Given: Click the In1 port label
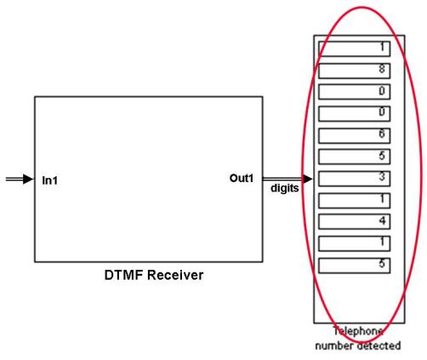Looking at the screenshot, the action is pyautogui.click(x=49, y=180).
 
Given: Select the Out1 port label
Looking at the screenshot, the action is pyautogui.click(x=242, y=178).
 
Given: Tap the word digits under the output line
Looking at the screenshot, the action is pyautogui.click(x=284, y=188).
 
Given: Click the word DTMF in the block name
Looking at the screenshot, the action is pyautogui.click(x=123, y=275).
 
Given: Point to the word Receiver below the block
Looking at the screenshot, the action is pyautogui.click(x=175, y=275).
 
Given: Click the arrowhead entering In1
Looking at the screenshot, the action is pyautogui.click(x=28, y=179).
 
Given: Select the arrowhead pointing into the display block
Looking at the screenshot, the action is pyautogui.click(x=307, y=179).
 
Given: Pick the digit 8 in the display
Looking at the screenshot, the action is pyautogui.click(x=382, y=69).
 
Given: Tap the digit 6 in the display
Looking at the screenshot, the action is pyautogui.click(x=382, y=134).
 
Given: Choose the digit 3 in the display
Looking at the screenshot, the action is pyautogui.click(x=382, y=176).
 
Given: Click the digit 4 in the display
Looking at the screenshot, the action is pyautogui.click(x=382, y=220).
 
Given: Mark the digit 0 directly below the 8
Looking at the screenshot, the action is pyautogui.click(x=382, y=91).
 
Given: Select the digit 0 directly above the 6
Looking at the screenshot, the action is pyautogui.click(x=382, y=111).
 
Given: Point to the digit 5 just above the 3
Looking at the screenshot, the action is pyautogui.click(x=382, y=156).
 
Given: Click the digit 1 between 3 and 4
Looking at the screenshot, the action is pyautogui.click(x=383, y=198).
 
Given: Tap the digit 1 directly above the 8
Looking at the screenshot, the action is pyautogui.click(x=383, y=47).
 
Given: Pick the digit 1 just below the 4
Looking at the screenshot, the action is pyautogui.click(x=383, y=242).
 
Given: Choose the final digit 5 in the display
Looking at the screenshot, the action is pyautogui.click(x=382, y=264).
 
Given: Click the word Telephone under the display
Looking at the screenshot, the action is pyautogui.click(x=358, y=331).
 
